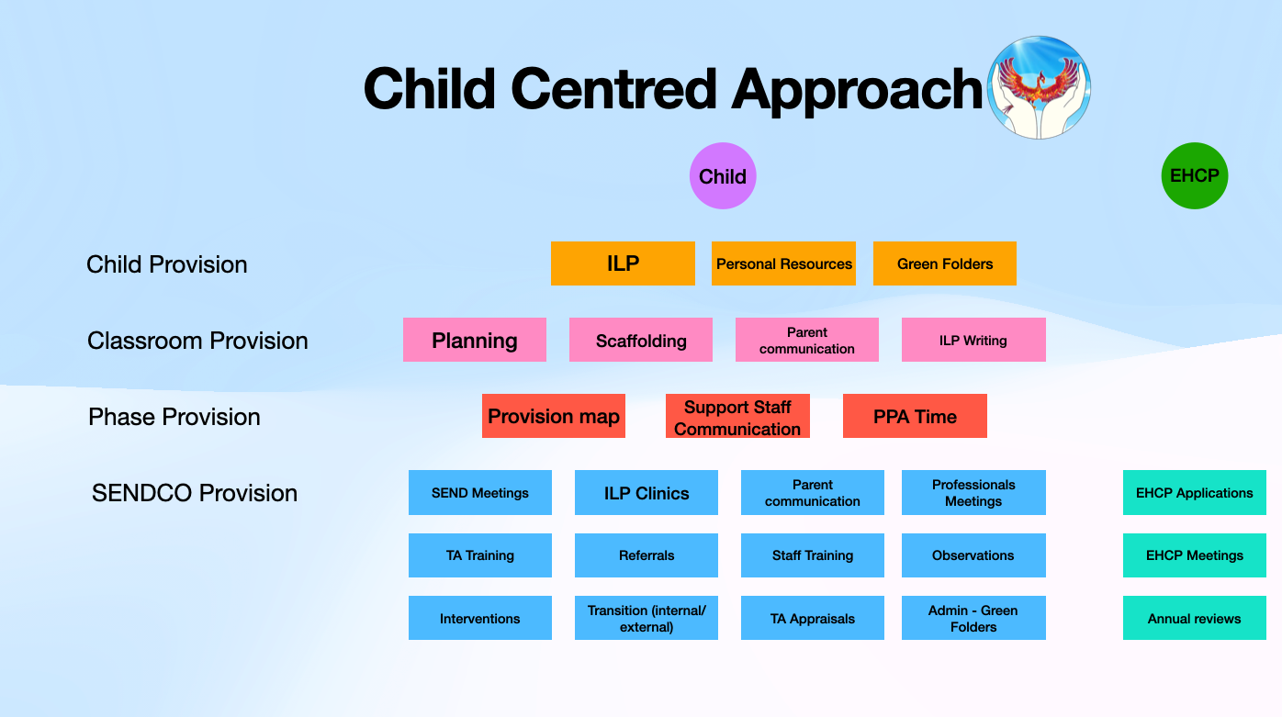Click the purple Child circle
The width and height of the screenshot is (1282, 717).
(722, 175)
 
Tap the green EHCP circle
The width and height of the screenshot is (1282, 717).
(1195, 175)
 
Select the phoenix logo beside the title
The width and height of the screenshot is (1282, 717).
(1039, 87)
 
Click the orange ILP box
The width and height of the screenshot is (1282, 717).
(623, 263)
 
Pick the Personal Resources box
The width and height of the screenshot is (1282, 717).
(783, 263)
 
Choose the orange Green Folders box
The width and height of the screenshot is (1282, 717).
(944, 263)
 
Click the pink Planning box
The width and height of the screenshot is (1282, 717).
(475, 340)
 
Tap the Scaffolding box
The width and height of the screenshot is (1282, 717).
(640, 340)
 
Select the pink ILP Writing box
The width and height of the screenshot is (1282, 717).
(973, 340)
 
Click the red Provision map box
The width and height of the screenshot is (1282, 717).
(554, 416)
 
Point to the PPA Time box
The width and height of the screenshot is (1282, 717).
(915, 416)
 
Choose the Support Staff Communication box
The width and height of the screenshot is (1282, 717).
(737, 416)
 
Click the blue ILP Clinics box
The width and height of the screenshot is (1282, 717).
(647, 493)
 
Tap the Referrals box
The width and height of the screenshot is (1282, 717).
(647, 555)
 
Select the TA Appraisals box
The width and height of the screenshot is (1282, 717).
(812, 618)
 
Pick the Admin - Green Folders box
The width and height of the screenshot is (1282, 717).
(973, 618)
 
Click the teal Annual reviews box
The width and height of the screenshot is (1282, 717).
(1195, 618)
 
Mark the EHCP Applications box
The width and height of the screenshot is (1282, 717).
(1195, 493)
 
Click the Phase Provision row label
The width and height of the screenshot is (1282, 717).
(174, 417)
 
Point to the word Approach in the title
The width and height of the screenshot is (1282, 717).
(857, 90)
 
